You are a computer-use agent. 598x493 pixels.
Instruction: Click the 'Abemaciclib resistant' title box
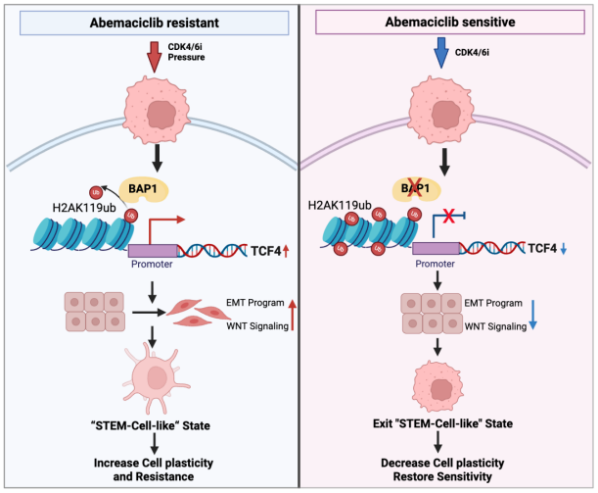154,23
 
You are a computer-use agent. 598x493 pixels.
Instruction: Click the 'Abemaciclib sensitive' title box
450,22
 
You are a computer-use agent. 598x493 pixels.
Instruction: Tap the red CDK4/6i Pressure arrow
155,57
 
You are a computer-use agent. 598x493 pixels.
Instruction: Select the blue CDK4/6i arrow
441,53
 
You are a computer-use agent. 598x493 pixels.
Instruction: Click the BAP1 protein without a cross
143,189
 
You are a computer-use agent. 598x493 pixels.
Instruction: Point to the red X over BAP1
415,187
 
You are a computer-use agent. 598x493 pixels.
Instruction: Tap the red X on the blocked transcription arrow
448,216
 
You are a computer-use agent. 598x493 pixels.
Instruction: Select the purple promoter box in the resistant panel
153,251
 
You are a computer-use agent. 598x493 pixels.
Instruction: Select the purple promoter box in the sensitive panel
436,248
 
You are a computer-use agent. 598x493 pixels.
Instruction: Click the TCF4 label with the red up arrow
269,251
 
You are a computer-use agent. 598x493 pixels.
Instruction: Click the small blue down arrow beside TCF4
564,249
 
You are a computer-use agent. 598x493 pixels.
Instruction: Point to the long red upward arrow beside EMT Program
292,315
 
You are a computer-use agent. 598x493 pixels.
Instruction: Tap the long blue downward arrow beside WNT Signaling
533,315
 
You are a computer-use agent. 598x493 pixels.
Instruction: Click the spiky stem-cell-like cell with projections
156,378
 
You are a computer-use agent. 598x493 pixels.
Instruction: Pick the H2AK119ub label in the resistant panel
84,208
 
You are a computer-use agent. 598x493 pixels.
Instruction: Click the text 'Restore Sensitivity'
442,476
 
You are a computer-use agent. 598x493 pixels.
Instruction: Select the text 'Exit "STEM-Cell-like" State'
442,423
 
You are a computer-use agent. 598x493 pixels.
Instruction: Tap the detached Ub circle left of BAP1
96,192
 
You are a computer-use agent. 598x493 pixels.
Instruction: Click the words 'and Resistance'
154,476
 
